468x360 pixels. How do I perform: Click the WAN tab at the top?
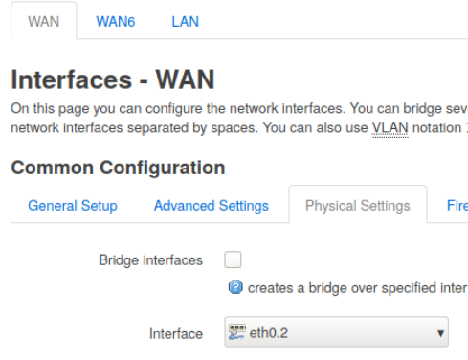coord(44,21)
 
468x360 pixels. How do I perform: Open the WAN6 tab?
coord(116,21)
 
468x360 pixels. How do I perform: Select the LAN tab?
coord(185,21)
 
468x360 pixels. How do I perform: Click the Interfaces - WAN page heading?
coord(113,79)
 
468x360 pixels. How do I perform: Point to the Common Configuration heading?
coord(118,168)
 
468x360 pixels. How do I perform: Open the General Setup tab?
coord(73,206)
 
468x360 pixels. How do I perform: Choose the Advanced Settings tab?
coord(211,206)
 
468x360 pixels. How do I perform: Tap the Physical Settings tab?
coord(357,206)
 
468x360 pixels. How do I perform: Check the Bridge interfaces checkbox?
coord(234,259)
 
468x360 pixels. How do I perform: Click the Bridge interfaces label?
coord(150,260)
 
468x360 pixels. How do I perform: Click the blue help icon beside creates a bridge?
coord(235,287)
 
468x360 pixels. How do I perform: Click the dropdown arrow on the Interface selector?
coord(440,334)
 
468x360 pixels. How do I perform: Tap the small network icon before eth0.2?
coord(237,333)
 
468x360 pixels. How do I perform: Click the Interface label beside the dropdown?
coord(176,334)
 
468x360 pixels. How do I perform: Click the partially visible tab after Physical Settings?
coord(457,206)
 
